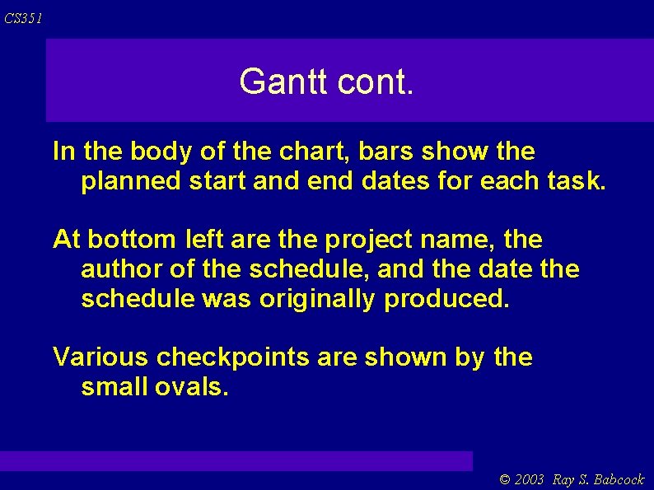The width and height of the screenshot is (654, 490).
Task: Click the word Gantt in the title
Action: coord(278,82)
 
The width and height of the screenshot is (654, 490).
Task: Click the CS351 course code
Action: coord(23,18)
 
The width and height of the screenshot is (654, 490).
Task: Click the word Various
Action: coord(100,357)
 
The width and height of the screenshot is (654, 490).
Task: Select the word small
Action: coord(114,386)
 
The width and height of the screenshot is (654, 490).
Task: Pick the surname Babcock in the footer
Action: coord(619,479)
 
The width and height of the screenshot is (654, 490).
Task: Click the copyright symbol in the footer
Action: coord(505,479)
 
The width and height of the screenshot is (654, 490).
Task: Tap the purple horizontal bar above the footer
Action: coord(236,460)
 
